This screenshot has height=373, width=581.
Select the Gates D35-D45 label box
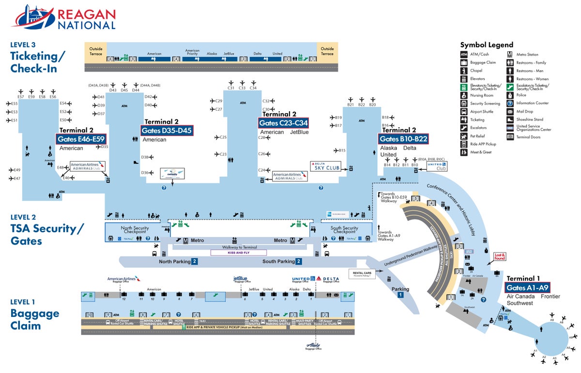[x=167, y=131]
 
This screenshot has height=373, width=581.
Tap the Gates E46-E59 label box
[x=81, y=139]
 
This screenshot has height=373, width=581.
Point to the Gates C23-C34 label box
[x=283, y=123]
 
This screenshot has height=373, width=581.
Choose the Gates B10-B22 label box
[x=403, y=139]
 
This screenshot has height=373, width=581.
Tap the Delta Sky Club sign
[x=325, y=166]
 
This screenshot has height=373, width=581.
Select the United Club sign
[x=436, y=166]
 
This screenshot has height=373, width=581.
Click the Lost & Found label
[x=499, y=257]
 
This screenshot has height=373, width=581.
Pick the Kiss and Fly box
[x=238, y=253]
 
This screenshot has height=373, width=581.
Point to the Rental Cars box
[x=362, y=274]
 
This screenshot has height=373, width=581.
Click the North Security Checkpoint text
[x=135, y=229]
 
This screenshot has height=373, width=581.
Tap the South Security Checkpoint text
[x=344, y=229]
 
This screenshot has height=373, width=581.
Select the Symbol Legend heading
[x=487, y=45]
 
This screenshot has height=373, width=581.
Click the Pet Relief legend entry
[x=477, y=136]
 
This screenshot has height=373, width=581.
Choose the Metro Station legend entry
[x=527, y=55]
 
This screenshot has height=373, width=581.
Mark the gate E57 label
[x=20, y=97]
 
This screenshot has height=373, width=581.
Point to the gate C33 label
[x=242, y=88]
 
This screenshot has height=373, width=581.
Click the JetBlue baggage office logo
[x=240, y=279]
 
